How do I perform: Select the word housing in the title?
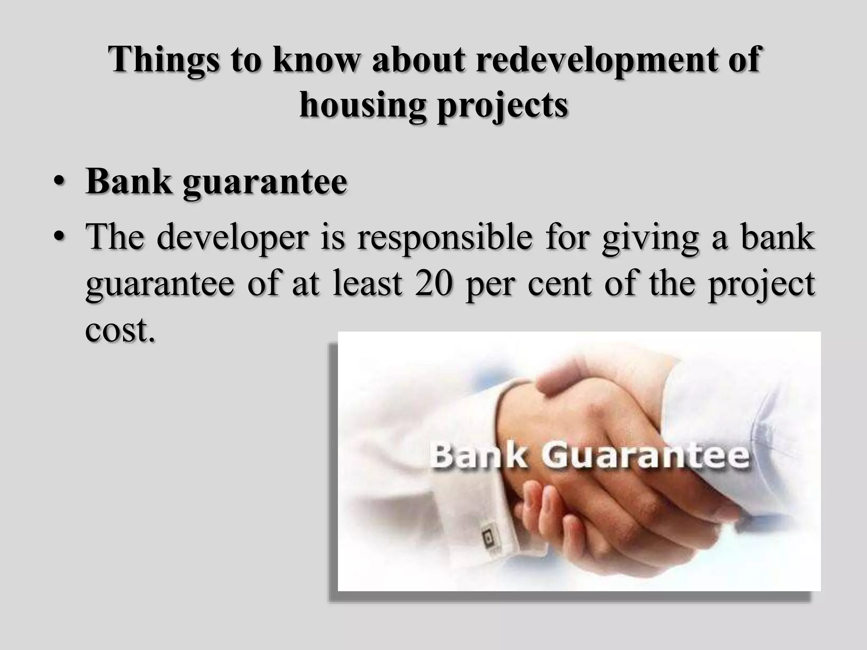coord(362,106)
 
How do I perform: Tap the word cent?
coord(559,284)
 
